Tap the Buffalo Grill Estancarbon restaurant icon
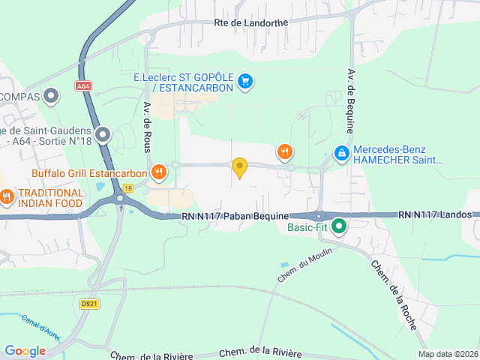click(x=158, y=172)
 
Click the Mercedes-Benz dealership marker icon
click(x=341, y=154)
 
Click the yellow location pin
click(x=239, y=167)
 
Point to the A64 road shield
click(x=83, y=86)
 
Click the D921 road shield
click(x=89, y=304)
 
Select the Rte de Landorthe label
click(x=250, y=23)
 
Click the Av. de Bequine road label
click(x=350, y=97)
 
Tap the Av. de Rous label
click(x=148, y=127)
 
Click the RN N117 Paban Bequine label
click(x=225, y=215)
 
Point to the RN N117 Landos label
click(x=435, y=214)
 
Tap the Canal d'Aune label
click(x=41, y=328)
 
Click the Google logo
click(x=25, y=350)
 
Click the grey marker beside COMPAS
click(x=52, y=95)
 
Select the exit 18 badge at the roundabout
click(x=128, y=188)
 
